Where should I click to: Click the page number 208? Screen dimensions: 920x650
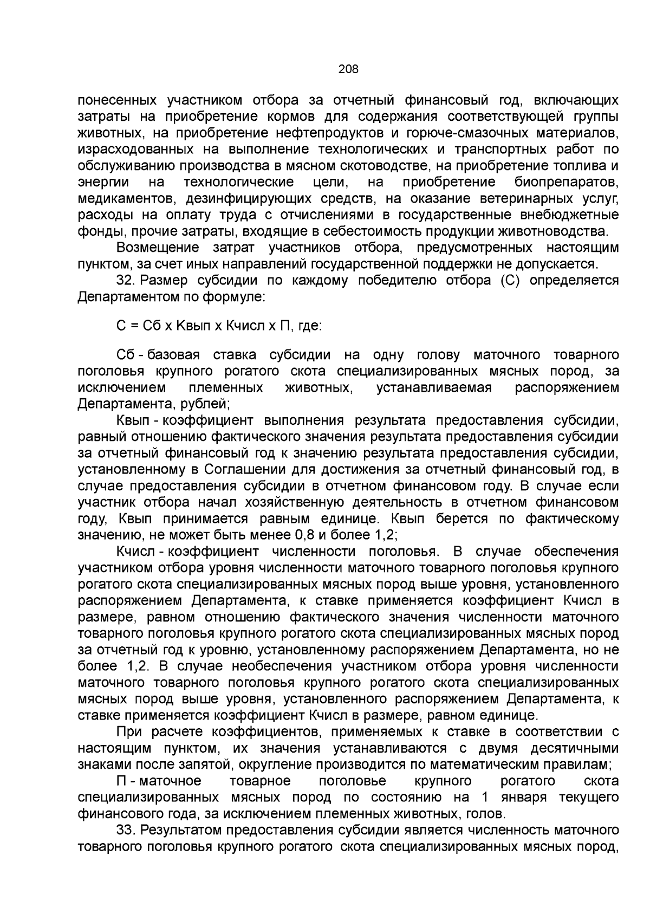(348, 69)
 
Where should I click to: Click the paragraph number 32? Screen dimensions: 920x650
(125, 280)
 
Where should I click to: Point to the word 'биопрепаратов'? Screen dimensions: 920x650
(566, 182)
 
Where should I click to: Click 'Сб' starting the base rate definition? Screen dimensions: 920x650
(125, 355)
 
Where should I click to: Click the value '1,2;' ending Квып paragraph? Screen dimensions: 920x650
(387, 535)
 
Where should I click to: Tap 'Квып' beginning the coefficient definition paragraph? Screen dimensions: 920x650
(131, 420)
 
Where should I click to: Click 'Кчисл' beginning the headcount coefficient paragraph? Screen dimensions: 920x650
(133, 551)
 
